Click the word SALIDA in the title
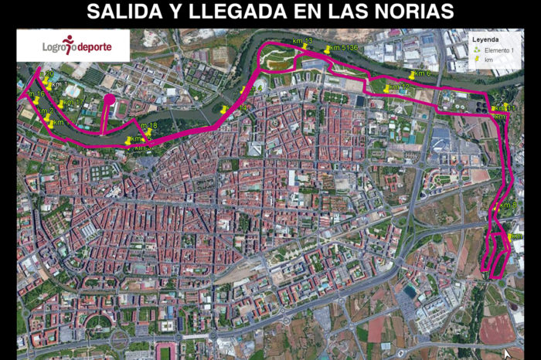point(128,12)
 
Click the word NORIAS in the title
point(410,12)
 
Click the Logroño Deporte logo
point(76,46)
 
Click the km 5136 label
point(342,48)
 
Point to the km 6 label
point(422,73)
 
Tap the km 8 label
point(509,205)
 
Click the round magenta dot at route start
point(109,100)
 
